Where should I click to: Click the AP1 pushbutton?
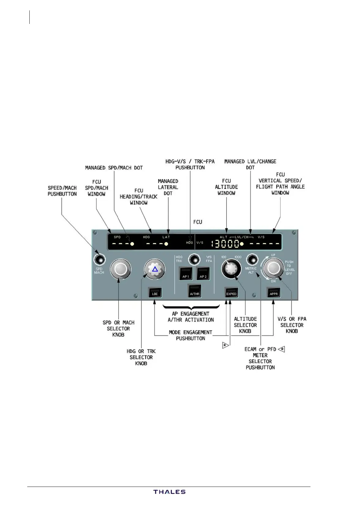[186, 273]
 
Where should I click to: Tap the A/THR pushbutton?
[195, 291]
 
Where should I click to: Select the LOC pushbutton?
[155, 292]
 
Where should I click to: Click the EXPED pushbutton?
[231, 292]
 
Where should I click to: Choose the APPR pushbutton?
[273, 292]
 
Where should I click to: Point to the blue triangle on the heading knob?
[155, 269]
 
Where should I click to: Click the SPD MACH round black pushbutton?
[99, 260]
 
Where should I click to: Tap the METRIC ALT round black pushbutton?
[252, 260]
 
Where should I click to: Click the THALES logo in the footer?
[169, 492]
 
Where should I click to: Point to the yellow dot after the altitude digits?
[242, 244]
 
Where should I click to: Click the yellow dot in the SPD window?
[132, 244]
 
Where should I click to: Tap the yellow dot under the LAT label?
[166, 244]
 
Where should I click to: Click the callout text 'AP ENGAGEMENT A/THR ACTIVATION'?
[191, 317]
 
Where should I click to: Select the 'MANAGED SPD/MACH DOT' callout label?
[114, 168]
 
